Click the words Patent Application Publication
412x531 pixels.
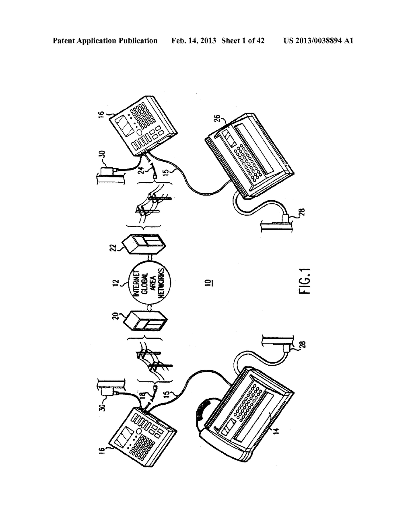click(105, 41)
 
